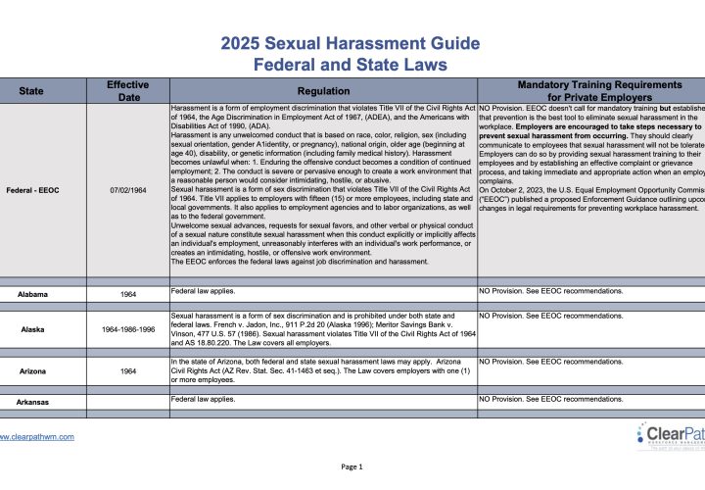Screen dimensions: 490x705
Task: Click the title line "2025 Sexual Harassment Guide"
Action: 350,43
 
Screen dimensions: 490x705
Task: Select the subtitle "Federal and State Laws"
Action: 350,65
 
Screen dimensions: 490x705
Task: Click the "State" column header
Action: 31,91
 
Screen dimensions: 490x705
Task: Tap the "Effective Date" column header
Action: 127,91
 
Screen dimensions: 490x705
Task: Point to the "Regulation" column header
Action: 323,91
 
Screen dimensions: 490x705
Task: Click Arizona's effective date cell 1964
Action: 127,372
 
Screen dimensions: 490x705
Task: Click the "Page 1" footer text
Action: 352,466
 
